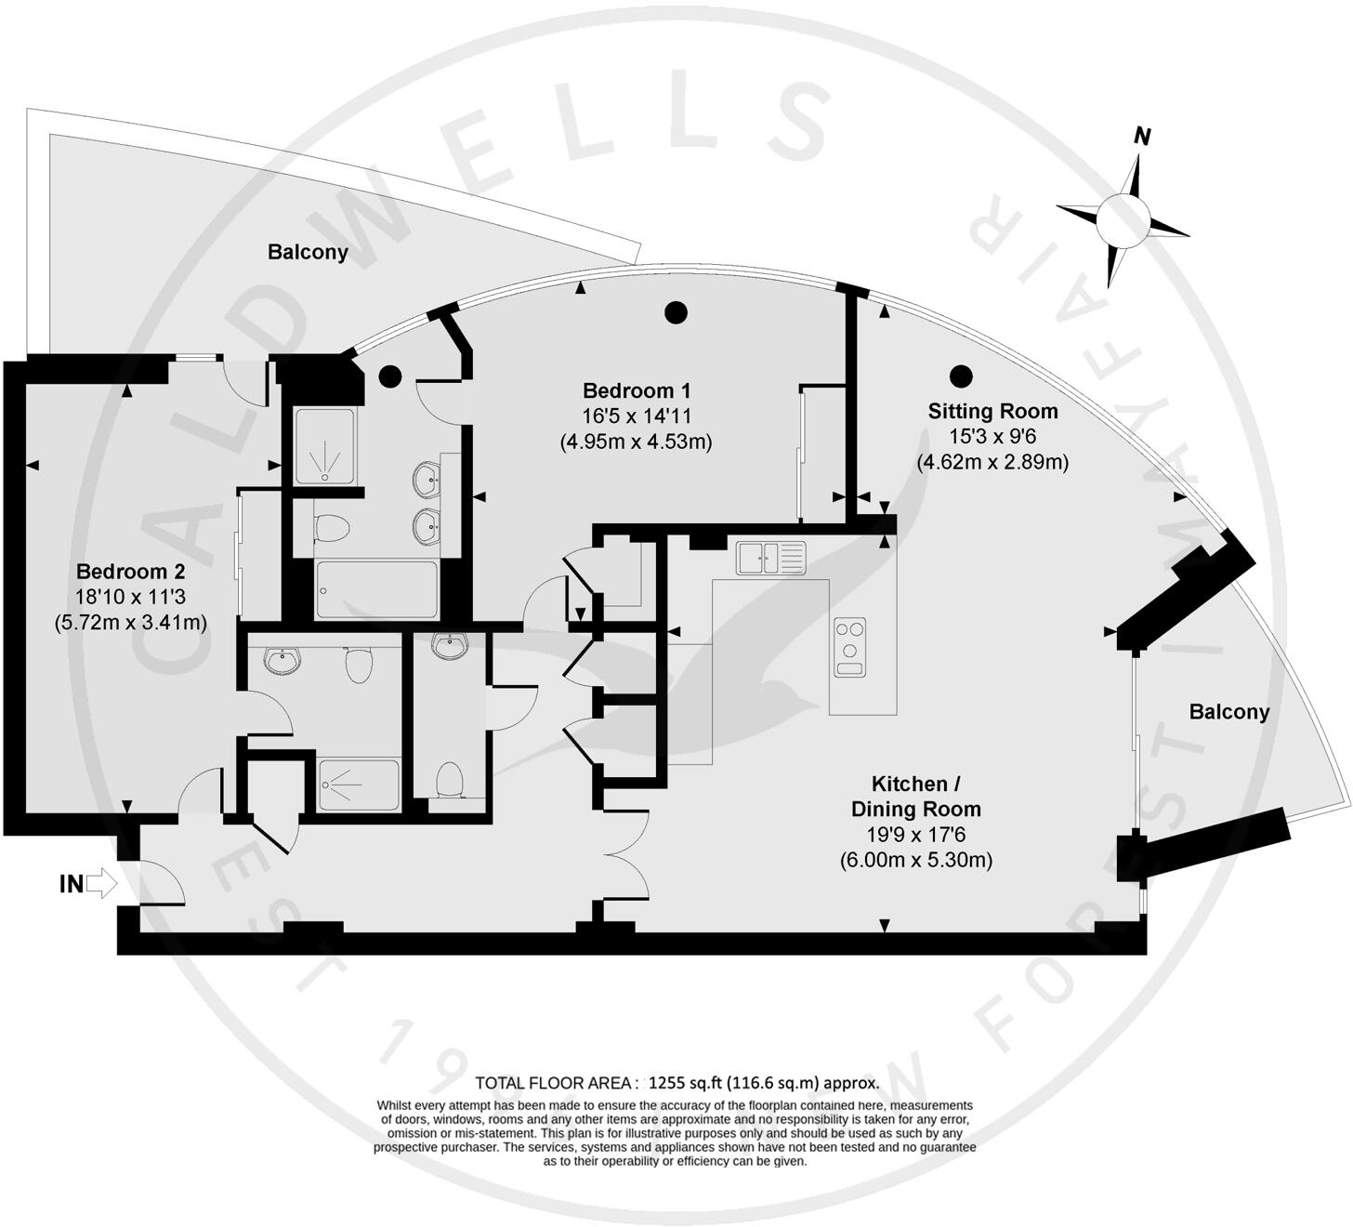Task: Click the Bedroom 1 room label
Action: [x=636, y=390]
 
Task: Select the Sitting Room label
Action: [x=992, y=411]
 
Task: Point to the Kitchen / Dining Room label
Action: [x=915, y=796]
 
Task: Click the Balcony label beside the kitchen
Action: [x=1228, y=712]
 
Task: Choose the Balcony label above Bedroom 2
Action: [x=308, y=252]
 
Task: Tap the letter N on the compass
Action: [x=1142, y=137]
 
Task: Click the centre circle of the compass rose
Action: [x=1123, y=221]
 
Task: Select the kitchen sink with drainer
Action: [x=771, y=558]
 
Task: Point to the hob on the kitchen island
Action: [x=849, y=646]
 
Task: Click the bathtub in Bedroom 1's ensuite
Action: [x=376, y=589]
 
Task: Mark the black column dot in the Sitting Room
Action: [x=961, y=376]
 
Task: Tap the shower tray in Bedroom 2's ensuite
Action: [x=359, y=785]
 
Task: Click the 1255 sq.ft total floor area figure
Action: [x=685, y=1083]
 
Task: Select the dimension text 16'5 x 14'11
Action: [x=636, y=416]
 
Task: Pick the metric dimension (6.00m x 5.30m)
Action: [x=915, y=860]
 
